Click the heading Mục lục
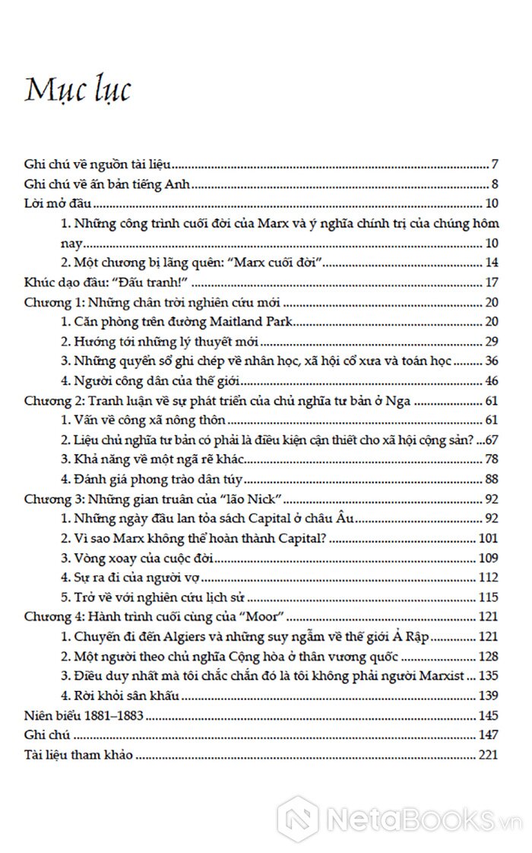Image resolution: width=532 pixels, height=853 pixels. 78,89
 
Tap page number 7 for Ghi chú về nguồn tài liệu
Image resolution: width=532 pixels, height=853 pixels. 494,164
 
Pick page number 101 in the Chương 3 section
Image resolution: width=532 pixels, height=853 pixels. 487,539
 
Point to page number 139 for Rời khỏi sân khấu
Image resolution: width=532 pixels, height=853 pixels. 487,695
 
